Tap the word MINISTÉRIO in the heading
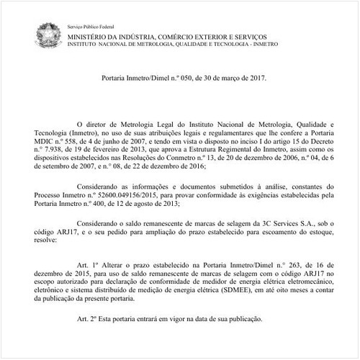[x=91, y=35]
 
